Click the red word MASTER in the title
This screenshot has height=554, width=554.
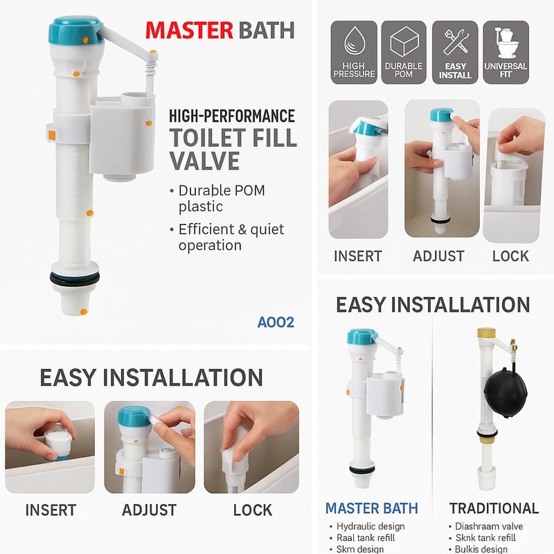(189, 30)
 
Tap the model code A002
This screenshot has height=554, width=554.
(276, 322)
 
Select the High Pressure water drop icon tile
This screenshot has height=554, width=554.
(353, 53)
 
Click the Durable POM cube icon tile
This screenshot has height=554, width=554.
(404, 53)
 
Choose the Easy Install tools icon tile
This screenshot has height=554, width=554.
(455, 53)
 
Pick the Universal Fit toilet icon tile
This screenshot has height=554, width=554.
(506, 53)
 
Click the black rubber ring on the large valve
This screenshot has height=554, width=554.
(75, 279)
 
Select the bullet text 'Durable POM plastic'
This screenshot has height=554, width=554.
(220, 198)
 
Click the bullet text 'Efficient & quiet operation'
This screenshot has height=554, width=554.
(230, 237)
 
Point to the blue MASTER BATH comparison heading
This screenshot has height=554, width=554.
(372, 508)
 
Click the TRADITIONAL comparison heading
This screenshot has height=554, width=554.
(494, 508)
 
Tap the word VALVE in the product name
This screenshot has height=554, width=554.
(204, 161)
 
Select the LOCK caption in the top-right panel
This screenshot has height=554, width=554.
(510, 256)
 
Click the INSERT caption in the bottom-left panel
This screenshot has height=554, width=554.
(51, 510)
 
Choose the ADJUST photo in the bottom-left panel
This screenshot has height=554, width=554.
(150, 447)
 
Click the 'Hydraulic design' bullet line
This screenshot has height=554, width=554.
(372, 527)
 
